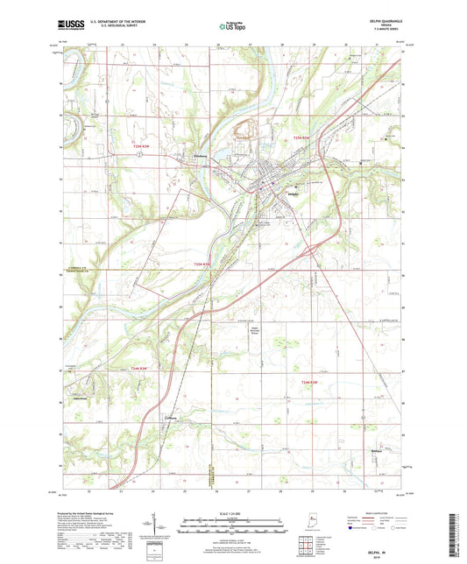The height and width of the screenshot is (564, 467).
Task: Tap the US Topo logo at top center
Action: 229,27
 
